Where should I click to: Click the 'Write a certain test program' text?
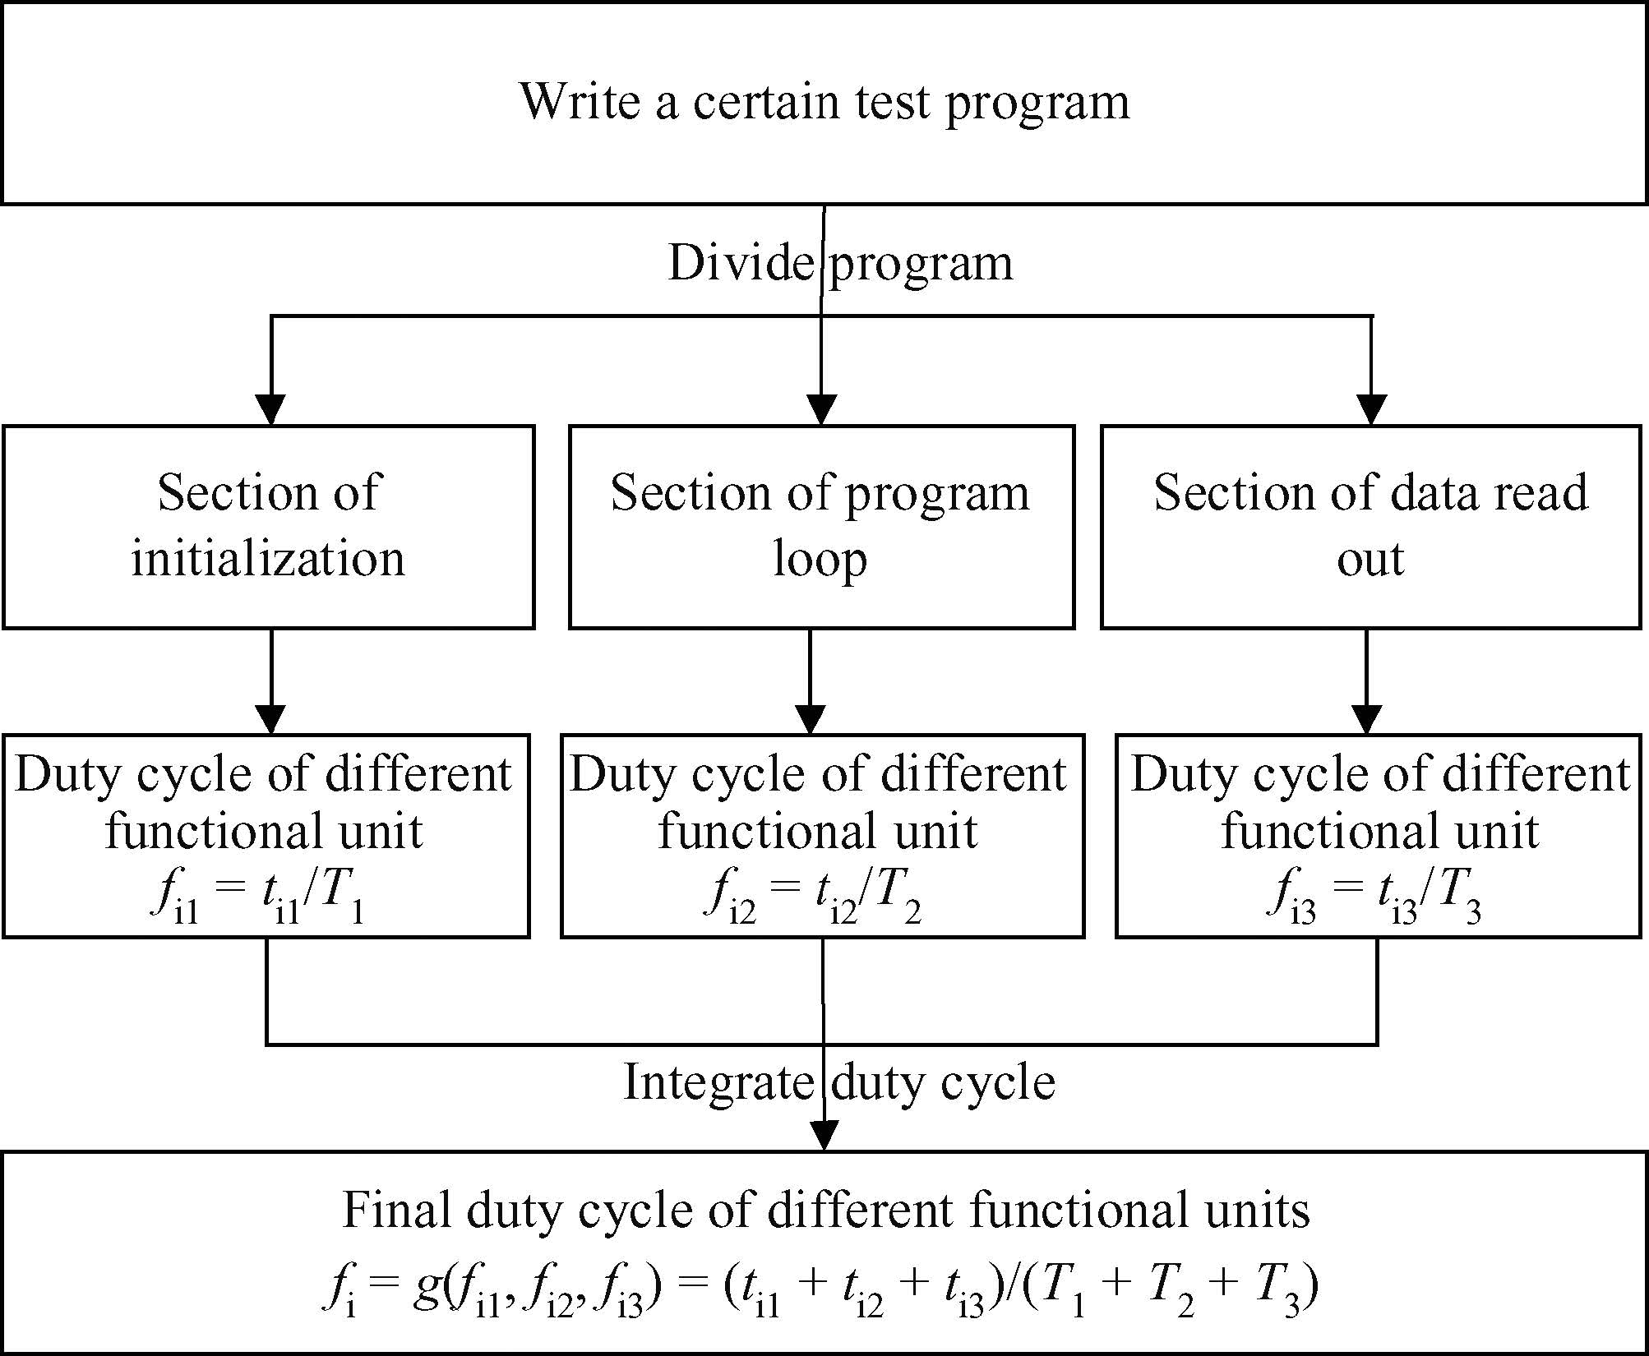tap(824, 102)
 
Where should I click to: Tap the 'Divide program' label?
tap(840, 264)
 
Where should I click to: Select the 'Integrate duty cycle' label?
tap(839, 1082)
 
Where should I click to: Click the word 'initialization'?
tap(268, 558)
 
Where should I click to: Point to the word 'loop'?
tap(820, 560)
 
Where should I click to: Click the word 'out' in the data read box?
tap(1370, 560)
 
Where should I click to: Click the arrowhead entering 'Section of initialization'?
tap(270, 409)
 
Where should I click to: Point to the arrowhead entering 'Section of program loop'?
tap(821, 409)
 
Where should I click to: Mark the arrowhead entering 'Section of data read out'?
tap(1371, 409)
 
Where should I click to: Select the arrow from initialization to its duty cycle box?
tap(270, 681)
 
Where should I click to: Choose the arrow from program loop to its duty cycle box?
tap(811, 681)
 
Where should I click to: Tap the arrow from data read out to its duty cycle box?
tap(1366, 681)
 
